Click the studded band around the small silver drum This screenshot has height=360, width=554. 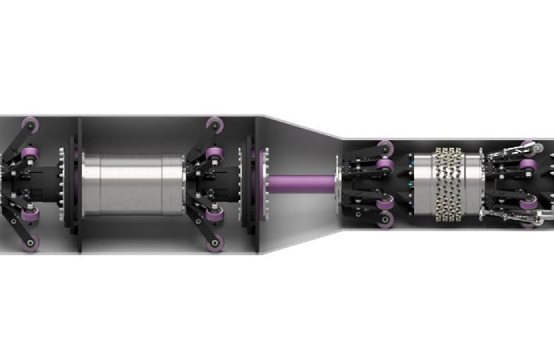[448, 183]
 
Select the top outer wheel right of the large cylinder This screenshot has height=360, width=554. [215, 124]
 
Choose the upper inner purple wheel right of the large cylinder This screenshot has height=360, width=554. [214, 153]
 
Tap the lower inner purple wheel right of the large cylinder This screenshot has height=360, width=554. [214, 214]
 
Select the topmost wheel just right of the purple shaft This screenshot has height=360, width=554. [385, 146]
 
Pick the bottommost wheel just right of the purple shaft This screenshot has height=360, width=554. [385, 220]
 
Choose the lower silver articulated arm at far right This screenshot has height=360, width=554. [514, 215]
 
